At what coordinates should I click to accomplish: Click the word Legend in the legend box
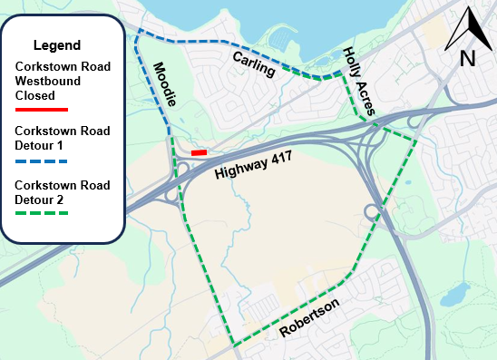(57, 45)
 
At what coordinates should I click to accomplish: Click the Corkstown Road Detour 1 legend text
(63, 138)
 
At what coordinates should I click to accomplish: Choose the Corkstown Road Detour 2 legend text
(63, 190)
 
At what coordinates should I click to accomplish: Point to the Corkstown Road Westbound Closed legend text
(61, 80)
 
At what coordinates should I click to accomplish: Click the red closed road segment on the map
(200, 153)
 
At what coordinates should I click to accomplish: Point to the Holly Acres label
(360, 83)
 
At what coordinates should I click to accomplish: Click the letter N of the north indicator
(468, 59)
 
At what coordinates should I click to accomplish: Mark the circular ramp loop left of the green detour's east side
(373, 214)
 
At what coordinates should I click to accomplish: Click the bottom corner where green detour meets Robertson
(235, 345)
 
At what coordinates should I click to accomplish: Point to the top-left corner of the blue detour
(137, 35)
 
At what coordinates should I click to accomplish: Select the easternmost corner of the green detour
(416, 139)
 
